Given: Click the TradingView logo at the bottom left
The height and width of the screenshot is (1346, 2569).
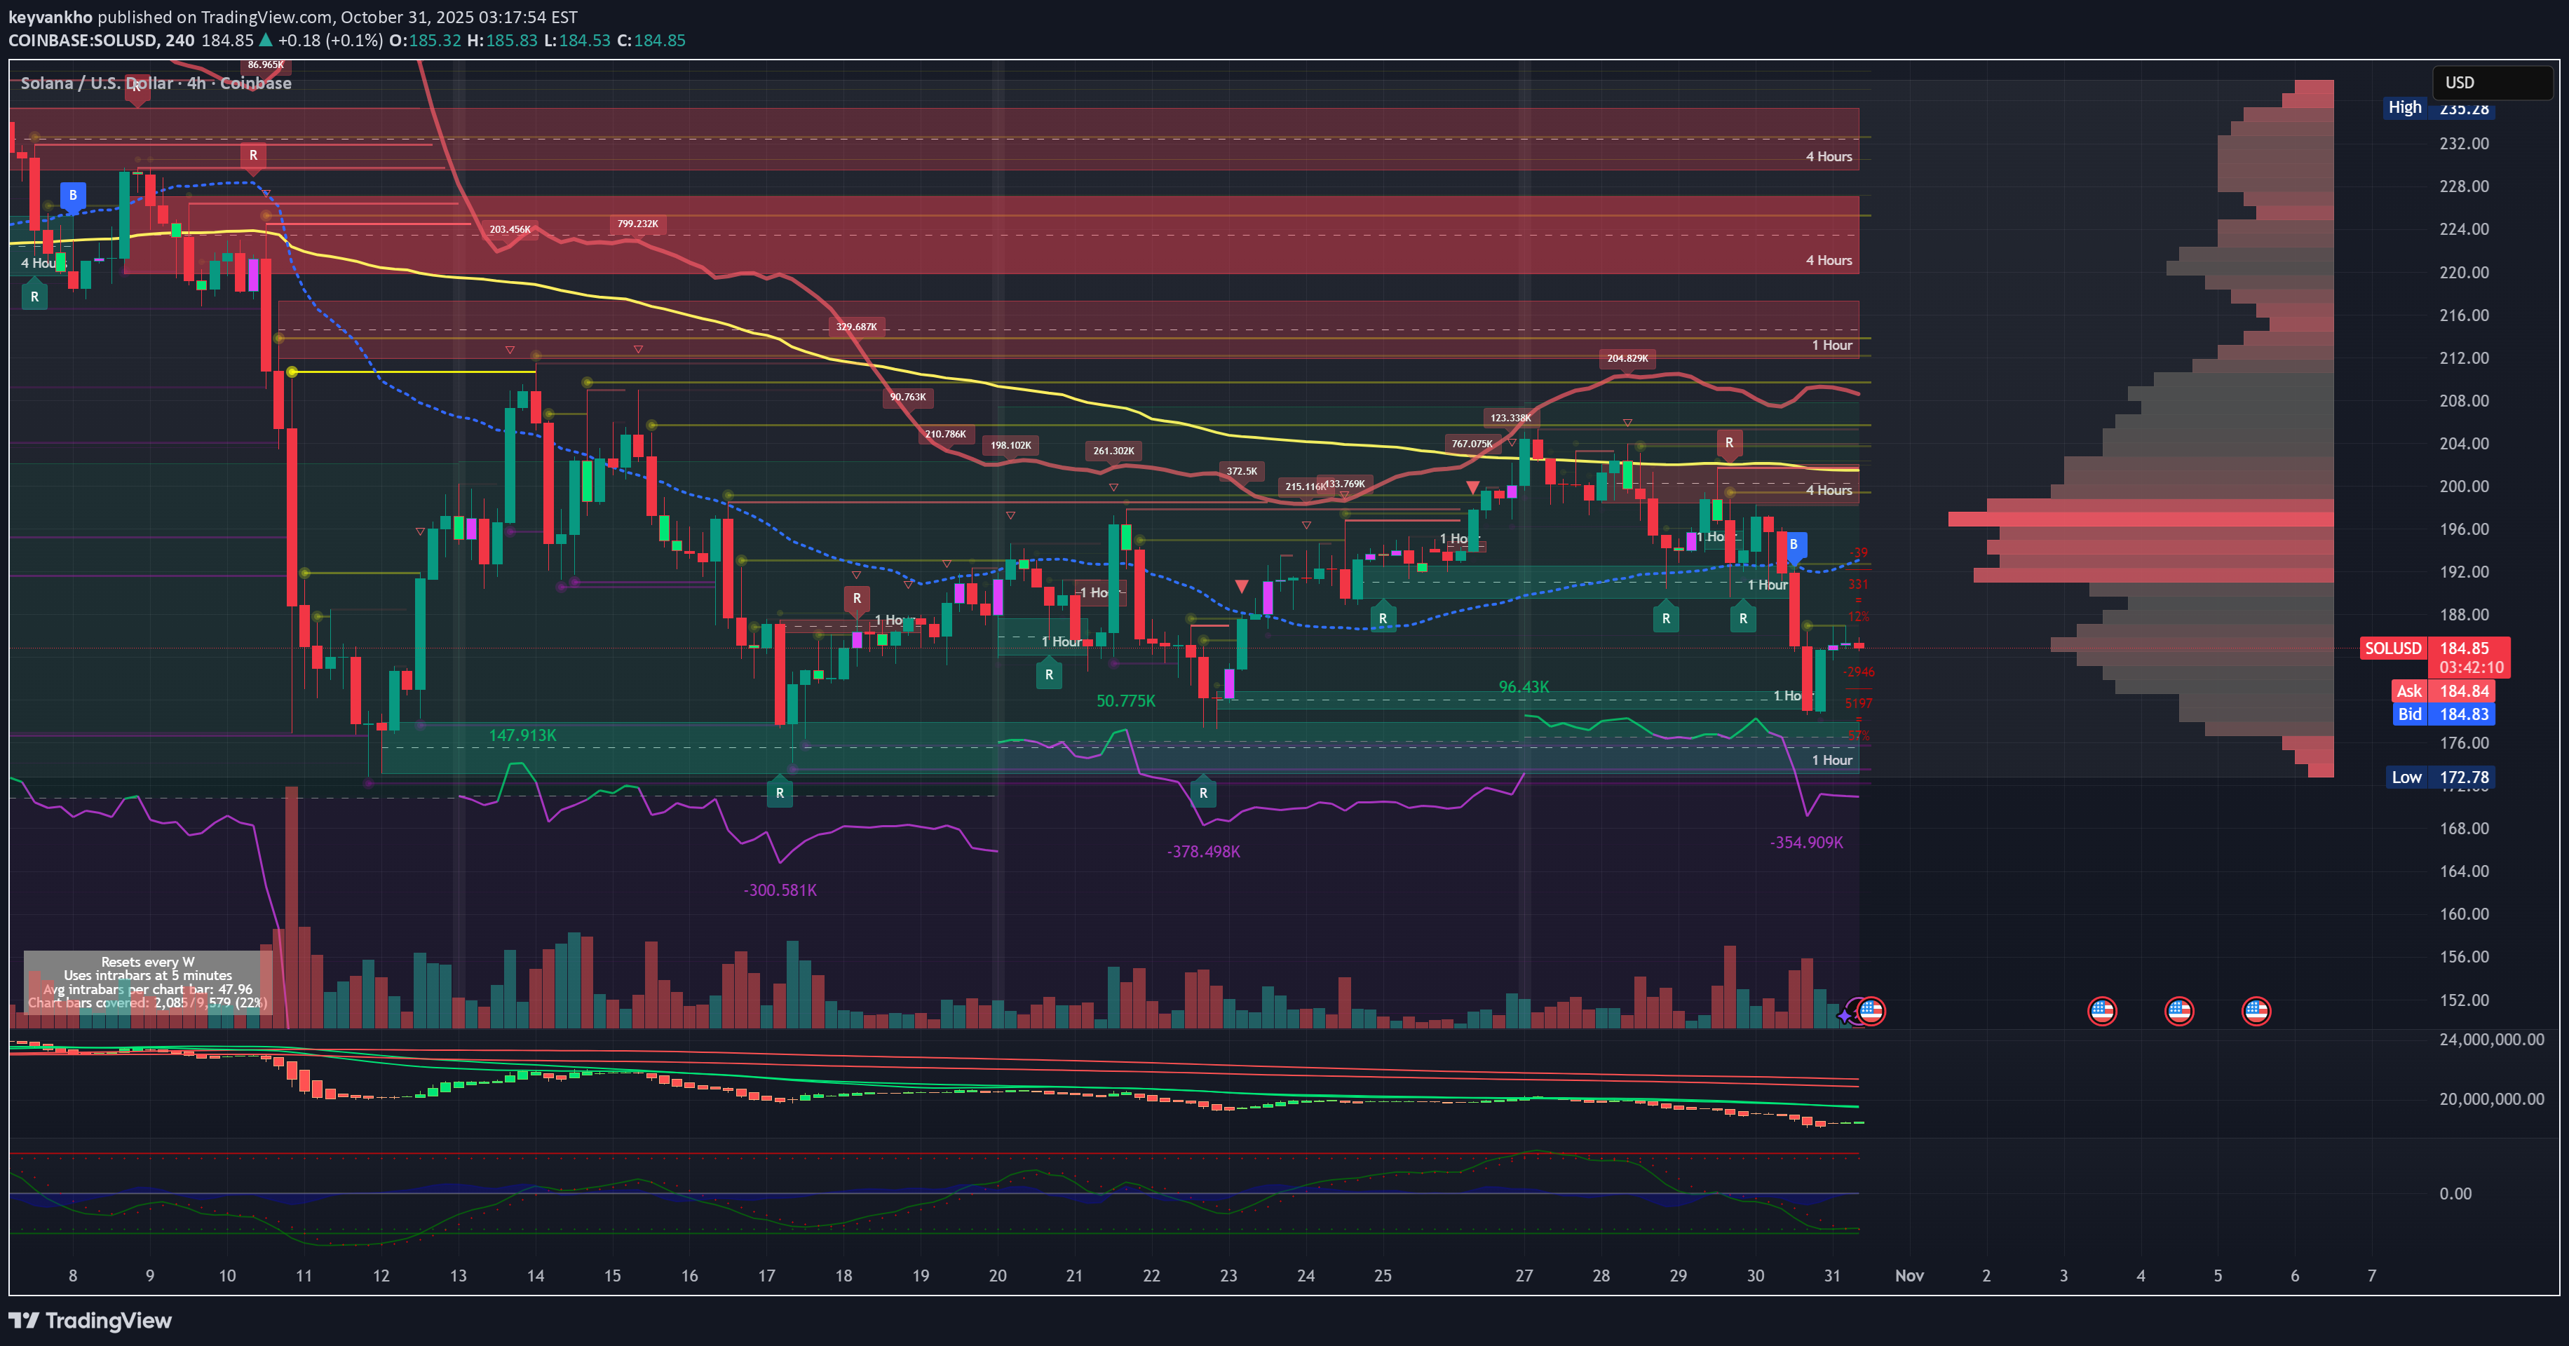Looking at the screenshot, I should coord(90,1320).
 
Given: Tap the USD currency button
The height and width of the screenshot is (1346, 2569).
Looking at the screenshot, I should coord(2491,83).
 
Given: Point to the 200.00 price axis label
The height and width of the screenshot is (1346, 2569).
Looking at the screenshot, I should coord(2463,487).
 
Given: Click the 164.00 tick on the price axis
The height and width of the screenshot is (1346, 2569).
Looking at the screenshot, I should coord(2463,871).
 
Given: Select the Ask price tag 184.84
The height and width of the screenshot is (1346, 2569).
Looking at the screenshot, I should coord(2463,691).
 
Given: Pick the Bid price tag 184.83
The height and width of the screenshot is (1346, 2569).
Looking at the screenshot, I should coord(2463,714).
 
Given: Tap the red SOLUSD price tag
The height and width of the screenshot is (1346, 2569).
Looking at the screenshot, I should coord(2392,648).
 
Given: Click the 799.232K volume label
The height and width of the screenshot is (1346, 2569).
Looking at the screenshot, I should coord(637,224).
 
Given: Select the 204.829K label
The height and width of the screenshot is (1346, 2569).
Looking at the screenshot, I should coord(1627,358).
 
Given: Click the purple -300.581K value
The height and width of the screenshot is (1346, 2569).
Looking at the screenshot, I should coord(780,890).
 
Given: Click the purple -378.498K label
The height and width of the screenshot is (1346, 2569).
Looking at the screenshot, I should coord(1204,852).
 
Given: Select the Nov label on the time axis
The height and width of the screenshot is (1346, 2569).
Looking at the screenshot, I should coord(1909,1275).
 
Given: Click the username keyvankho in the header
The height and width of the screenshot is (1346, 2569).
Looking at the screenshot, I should coord(50,17).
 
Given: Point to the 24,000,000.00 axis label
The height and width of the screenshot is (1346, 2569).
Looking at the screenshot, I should coord(2490,1039).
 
